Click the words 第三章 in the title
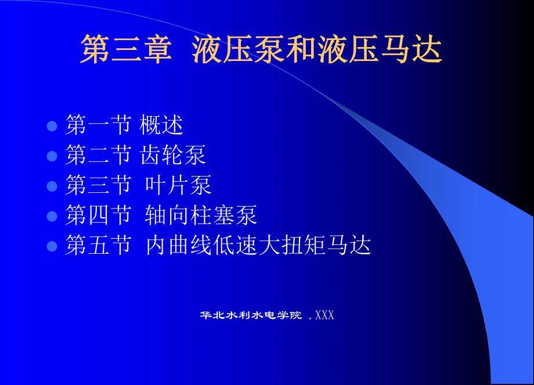(x=125, y=49)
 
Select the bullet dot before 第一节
(x=52, y=125)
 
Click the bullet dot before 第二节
(x=52, y=155)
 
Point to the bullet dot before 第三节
(x=52, y=185)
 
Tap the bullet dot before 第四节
(x=52, y=215)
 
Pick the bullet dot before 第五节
(x=52, y=246)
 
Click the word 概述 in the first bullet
(x=162, y=125)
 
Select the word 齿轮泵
(x=173, y=155)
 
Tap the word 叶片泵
(x=178, y=185)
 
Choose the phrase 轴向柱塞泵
(x=201, y=215)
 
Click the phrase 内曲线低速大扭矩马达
(x=258, y=246)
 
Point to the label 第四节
(x=98, y=215)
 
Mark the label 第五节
(x=98, y=246)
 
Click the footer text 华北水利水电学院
(x=251, y=315)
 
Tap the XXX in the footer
(x=324, y=315)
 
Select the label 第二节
(x=98, y=155)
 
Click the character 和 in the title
(x=301, y=49)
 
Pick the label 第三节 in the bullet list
(x=98, y=185)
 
